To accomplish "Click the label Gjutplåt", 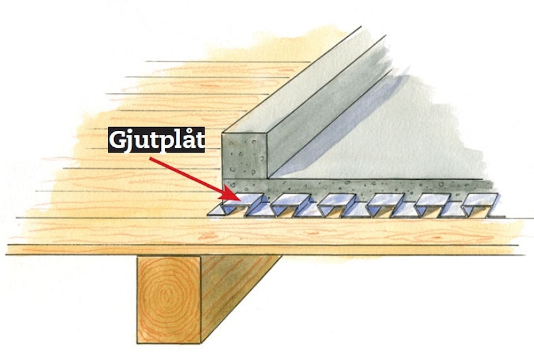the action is (x=156, y=140).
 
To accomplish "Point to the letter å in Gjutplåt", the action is (x=187, y=139).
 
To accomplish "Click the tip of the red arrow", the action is (x=239, y=198).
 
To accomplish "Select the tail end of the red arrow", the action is (x=150, y=158).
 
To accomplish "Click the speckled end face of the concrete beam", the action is (x=244, y=155).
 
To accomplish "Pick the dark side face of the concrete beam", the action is (x=327, y=102).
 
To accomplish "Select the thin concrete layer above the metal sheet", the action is (x=358, y=186).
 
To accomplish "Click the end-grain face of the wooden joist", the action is (x=168, y=299).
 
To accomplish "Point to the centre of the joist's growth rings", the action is (x=167, y=294).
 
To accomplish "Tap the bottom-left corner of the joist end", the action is (x=137, y=343).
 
